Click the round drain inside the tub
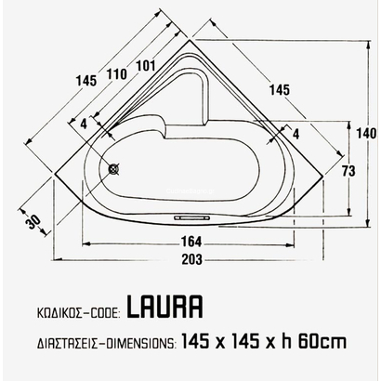tap(115, 170)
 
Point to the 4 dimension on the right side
tap(295, 133)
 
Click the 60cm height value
tap(321, 341)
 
